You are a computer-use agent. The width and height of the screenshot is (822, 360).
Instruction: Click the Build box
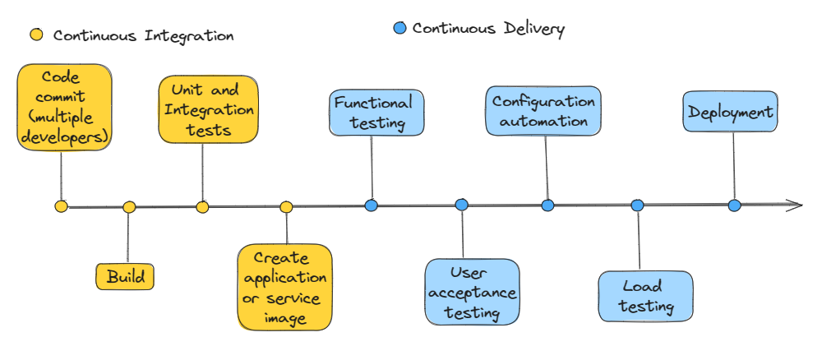click(125, 276)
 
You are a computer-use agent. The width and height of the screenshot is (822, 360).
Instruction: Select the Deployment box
click(730, 113)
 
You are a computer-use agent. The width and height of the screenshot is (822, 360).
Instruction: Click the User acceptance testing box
click(473, 292)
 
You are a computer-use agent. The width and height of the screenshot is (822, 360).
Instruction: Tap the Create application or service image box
click(285, 287)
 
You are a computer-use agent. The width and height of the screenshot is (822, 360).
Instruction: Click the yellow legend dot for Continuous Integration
click(37, 35)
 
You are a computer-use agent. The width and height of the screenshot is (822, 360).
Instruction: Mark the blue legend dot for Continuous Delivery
click(399, 29)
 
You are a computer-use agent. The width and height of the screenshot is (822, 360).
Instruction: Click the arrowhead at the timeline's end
click(795, 205)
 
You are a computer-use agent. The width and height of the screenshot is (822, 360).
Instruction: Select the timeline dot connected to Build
click(129, 207)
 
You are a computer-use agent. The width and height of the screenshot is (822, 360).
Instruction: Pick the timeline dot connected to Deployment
click(734, 205)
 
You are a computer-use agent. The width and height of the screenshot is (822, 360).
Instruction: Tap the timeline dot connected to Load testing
click(637, 205)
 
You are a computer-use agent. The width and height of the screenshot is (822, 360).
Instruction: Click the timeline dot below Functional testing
click(371, 205)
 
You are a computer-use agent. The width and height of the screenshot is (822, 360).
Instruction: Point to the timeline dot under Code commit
click(61, 206)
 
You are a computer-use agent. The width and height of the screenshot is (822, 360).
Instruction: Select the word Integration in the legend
click(189, 36)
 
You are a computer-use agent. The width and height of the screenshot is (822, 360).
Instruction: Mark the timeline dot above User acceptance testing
click(461, 205)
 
